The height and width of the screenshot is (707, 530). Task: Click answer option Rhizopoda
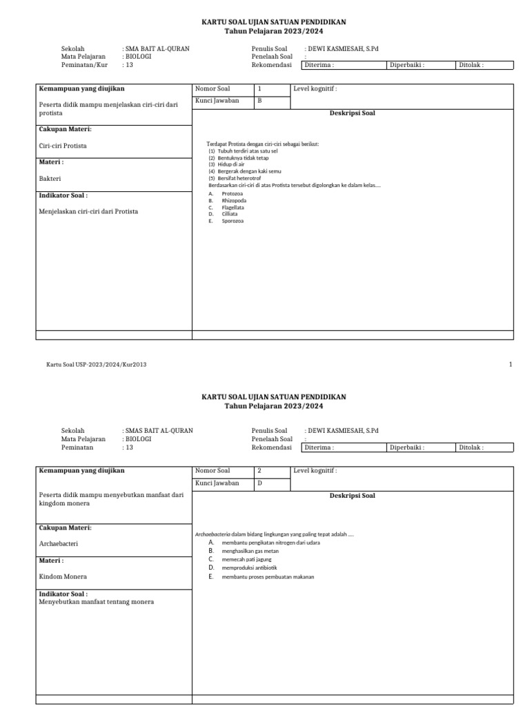234,201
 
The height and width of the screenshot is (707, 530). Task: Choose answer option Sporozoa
233,221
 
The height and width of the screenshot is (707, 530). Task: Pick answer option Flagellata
233,207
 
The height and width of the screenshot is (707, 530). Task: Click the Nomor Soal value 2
259,471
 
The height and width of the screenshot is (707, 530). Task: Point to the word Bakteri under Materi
50,178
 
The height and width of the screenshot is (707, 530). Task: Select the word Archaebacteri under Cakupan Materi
59,543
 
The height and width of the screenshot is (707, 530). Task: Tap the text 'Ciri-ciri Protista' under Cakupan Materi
63,146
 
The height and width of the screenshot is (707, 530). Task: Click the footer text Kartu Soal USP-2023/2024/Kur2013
97,364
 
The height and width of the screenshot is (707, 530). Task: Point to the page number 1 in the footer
510,364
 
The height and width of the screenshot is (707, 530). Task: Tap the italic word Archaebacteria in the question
213,534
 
